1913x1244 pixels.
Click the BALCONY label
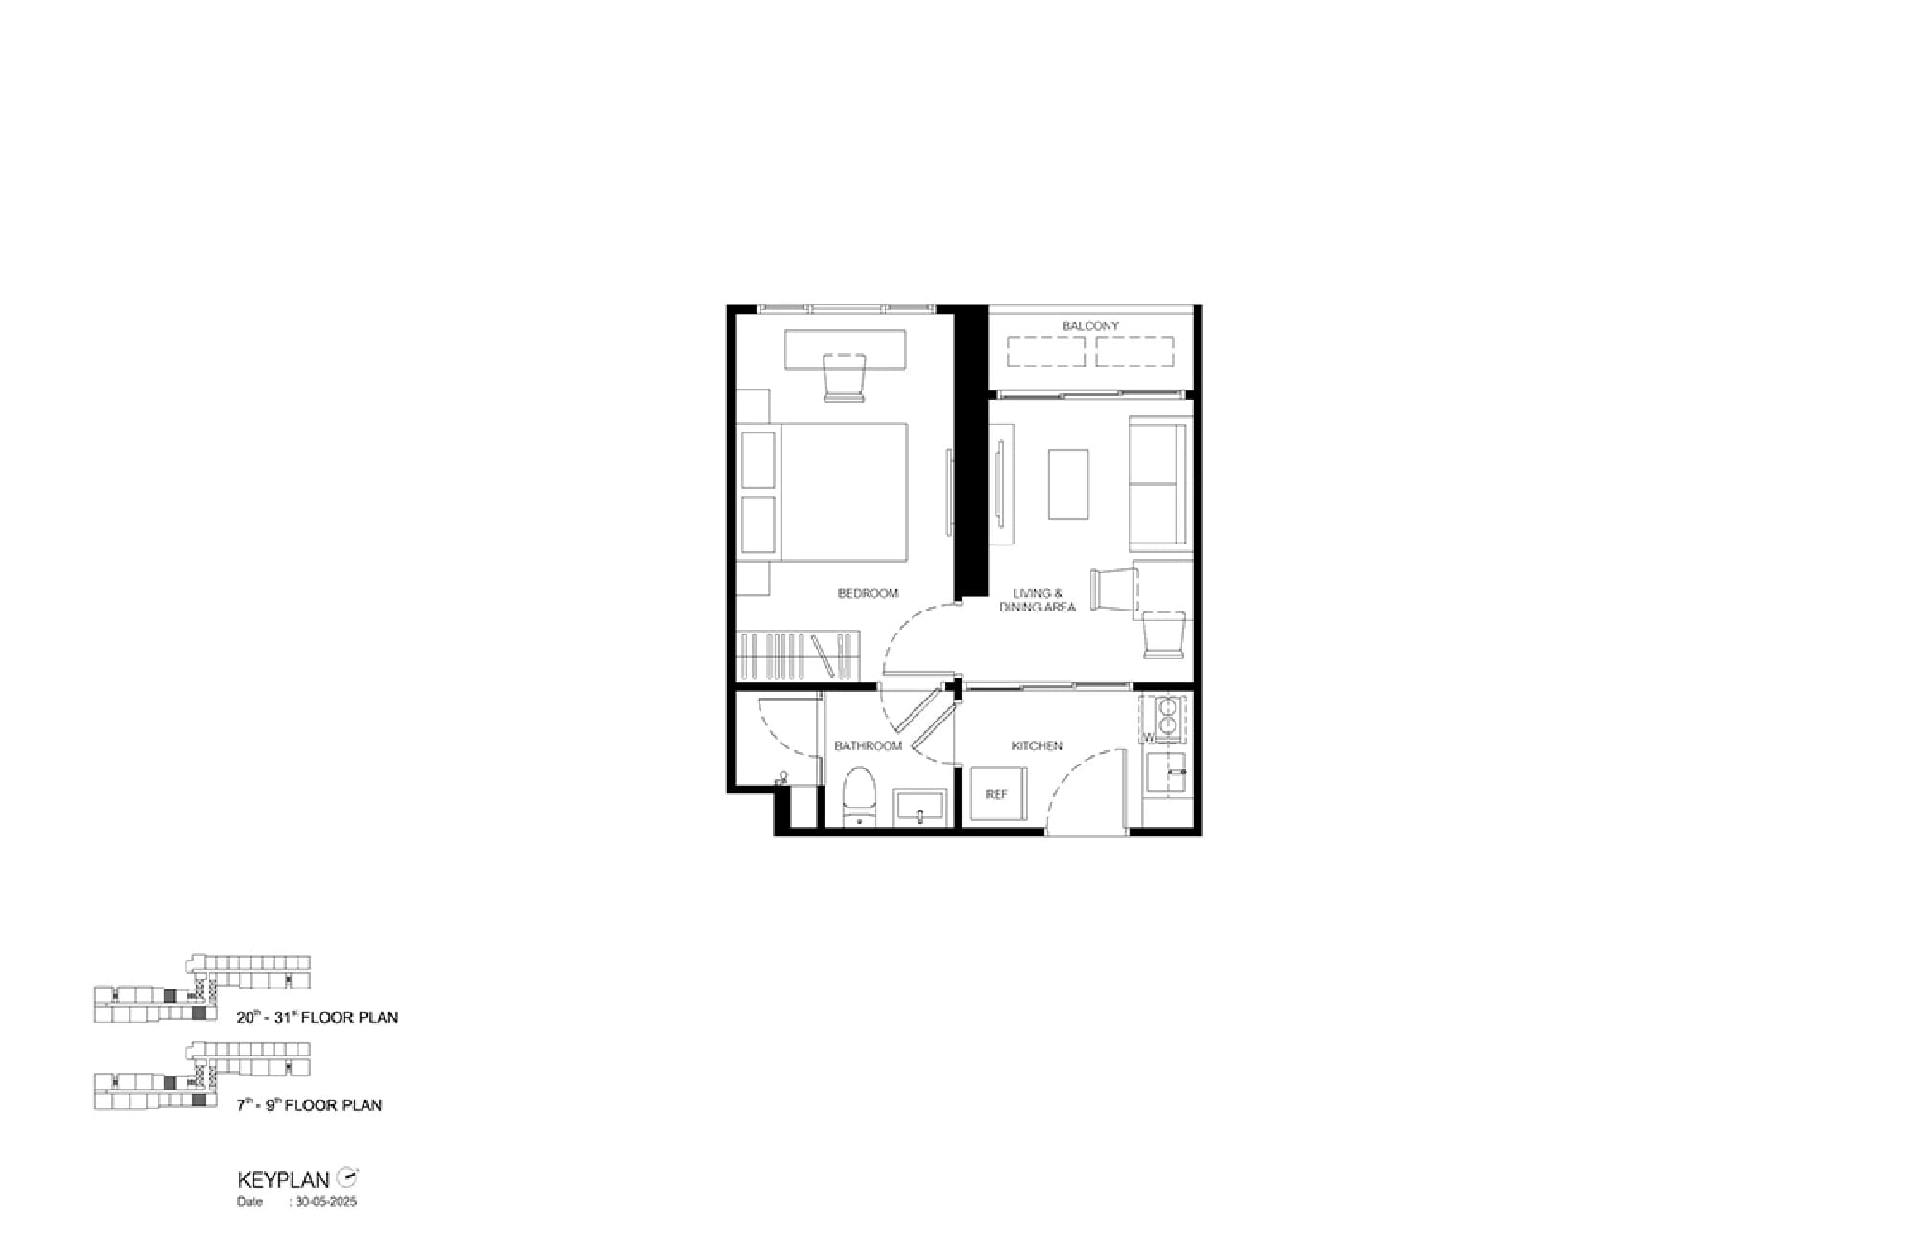[1089, 326]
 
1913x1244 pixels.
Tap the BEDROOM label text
[868, 593]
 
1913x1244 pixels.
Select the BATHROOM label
[868, 746]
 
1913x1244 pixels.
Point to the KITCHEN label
[1037, 746]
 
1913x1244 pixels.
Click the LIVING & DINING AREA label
[1038, 600]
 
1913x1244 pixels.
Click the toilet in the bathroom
[859, 796]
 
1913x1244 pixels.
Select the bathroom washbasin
[920, 808]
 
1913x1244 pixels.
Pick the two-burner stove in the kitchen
[1167, 718]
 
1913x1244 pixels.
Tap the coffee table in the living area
[1068, 484]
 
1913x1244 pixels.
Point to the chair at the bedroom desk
[844, 377]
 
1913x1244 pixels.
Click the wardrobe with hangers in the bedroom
[799, 655]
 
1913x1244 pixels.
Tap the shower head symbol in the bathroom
[782, 779]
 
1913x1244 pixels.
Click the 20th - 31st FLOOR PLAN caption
[318, 1017]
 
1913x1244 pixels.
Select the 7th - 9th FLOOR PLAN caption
[310, 1105]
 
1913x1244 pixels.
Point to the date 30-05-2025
[326, 1202]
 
